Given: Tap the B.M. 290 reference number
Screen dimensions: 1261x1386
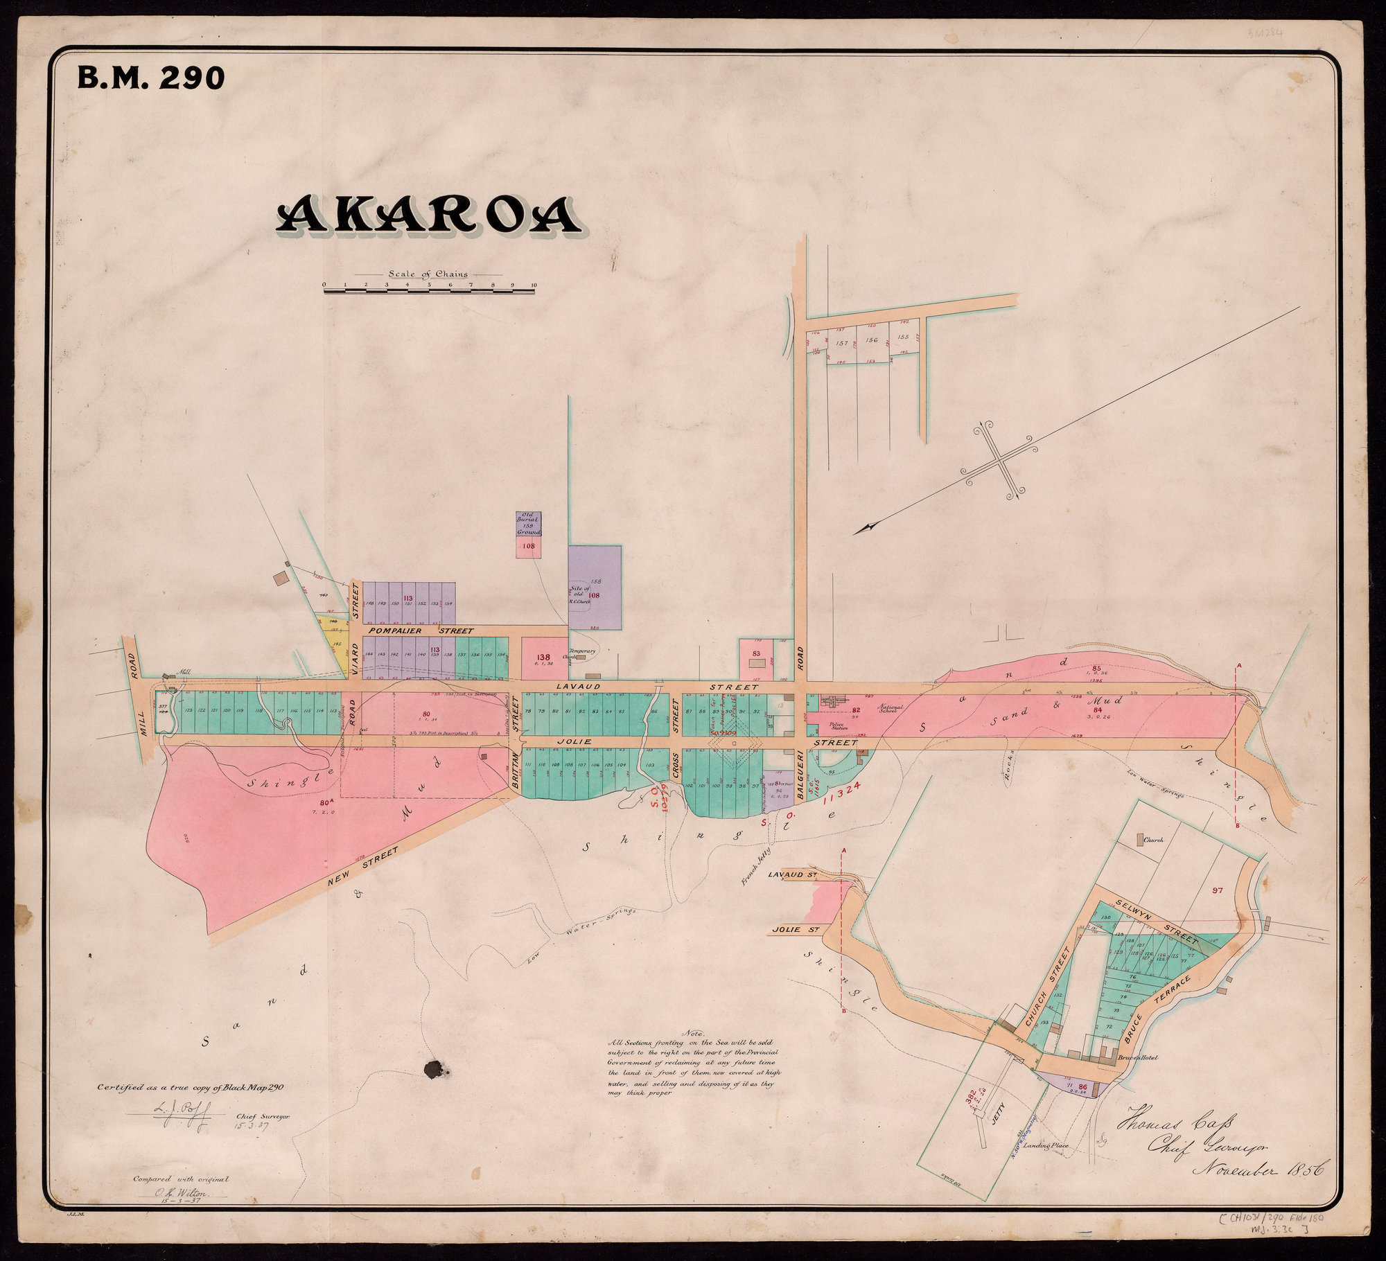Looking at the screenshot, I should pos(151,78).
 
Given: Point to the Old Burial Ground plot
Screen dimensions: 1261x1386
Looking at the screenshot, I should pos(528,524).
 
